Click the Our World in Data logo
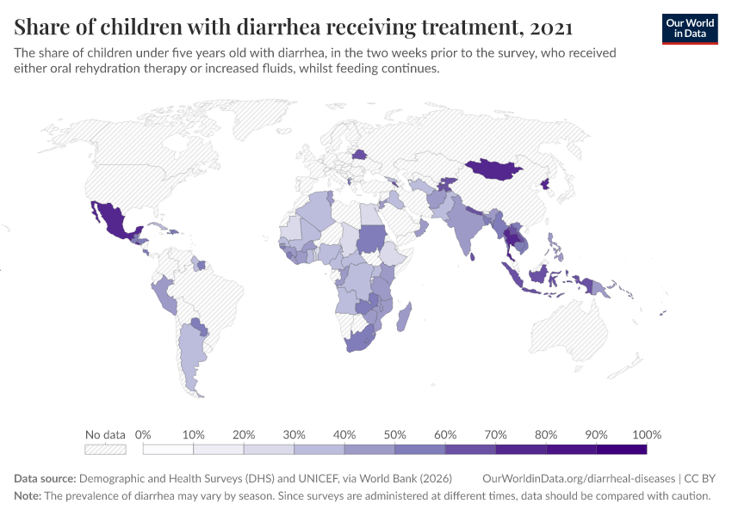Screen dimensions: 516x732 click(690, 28)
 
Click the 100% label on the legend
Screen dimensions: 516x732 click(646, 434)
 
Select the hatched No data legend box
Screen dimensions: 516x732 click(105, 449)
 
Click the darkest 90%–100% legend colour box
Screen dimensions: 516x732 click(621, 449)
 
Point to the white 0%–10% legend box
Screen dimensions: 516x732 click(168, 449)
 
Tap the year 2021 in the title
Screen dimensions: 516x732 click(552, 28)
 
